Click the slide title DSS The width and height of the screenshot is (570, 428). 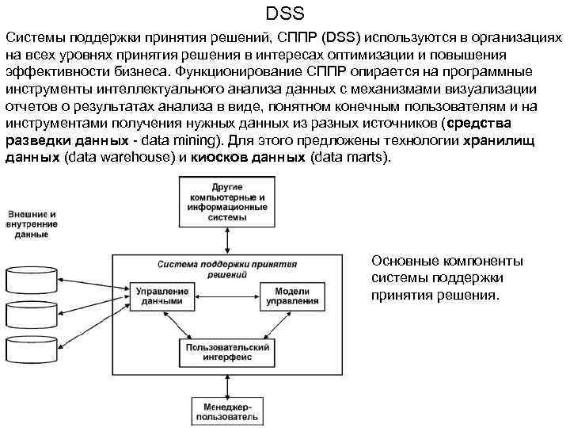285,13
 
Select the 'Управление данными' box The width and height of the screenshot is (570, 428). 162,296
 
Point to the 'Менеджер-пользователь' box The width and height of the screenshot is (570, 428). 227,411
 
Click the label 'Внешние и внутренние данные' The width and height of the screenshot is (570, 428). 32,224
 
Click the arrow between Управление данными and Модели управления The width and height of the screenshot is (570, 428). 227,291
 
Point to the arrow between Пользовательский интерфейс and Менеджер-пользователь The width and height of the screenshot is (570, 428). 227,381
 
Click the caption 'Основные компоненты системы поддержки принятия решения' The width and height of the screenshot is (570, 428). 446,278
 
